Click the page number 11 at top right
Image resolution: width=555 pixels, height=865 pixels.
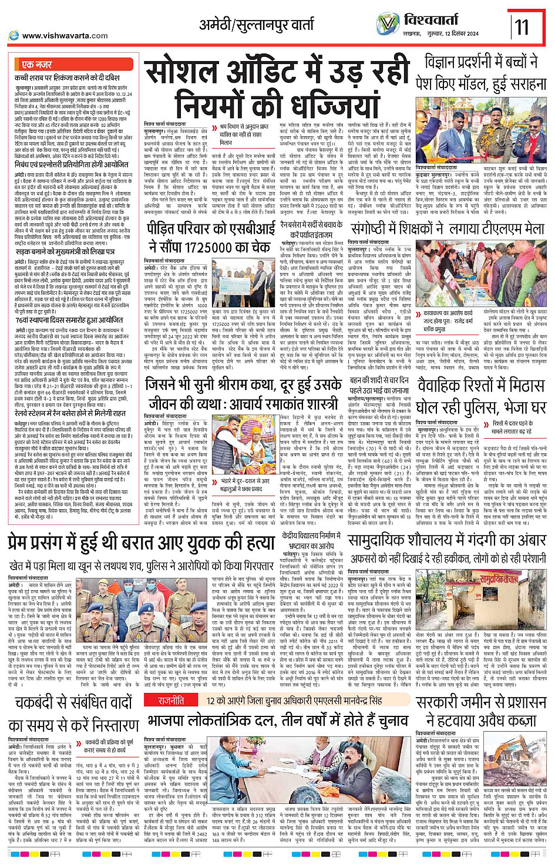(522, 26)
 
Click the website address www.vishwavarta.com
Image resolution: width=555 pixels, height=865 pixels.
(65, 36)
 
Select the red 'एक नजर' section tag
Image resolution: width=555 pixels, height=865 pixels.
(36, 64)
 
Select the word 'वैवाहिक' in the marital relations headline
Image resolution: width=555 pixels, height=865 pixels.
(451, 386)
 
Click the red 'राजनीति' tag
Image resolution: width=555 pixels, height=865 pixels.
(170, 684)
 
